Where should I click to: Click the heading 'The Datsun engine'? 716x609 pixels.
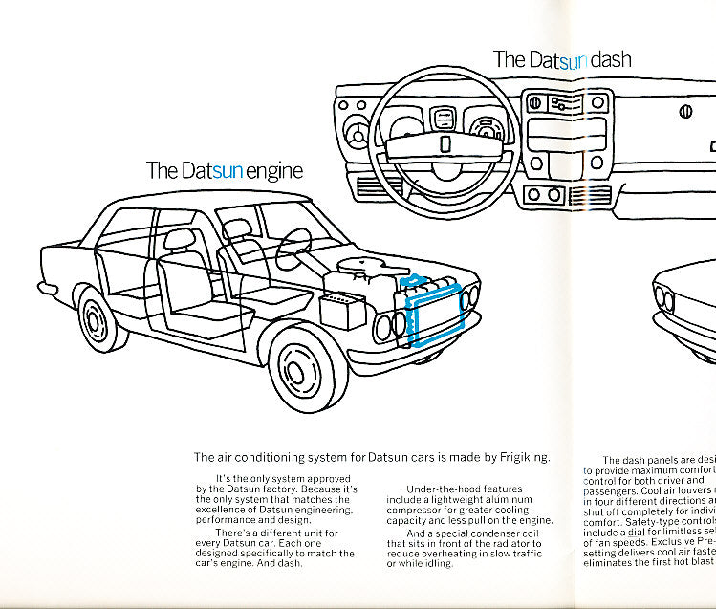tap(224, 171)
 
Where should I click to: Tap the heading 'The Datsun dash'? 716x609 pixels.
tap(561, 59)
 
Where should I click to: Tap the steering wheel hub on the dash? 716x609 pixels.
tap(444, 142)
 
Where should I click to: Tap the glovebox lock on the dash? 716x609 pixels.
tap(685, 112)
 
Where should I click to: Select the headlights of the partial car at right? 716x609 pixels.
tap(666, 299)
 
